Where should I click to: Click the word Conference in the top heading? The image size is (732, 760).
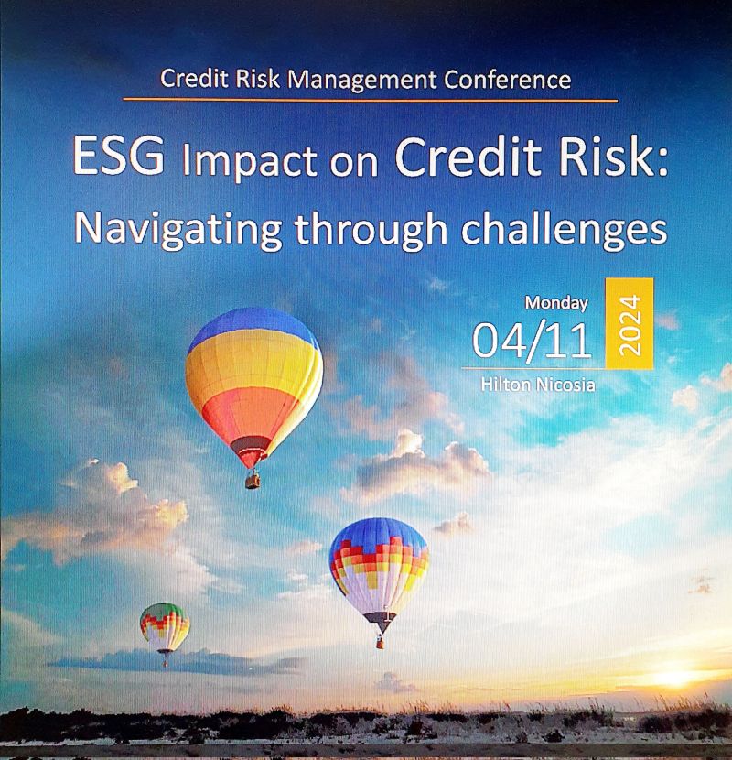click(x=507, y=80)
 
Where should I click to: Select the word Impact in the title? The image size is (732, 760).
click(x=250, y=161)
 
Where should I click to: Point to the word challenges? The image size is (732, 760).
click(x=564, y=230)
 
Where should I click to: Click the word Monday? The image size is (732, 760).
click(x=556, y=303)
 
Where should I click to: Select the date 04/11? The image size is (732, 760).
click(x=532, y=341)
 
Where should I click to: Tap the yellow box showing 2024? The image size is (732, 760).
click(x=630, y=323)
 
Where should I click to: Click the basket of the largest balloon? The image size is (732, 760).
click(x=253, y=481)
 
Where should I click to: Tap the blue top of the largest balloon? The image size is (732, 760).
click(x=253, y=327)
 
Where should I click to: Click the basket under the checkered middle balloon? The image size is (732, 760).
click(x=381, y=643)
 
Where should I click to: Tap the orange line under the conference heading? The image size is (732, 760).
click(x=371, y=101)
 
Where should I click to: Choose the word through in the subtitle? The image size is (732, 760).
click(x=371, y=230)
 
